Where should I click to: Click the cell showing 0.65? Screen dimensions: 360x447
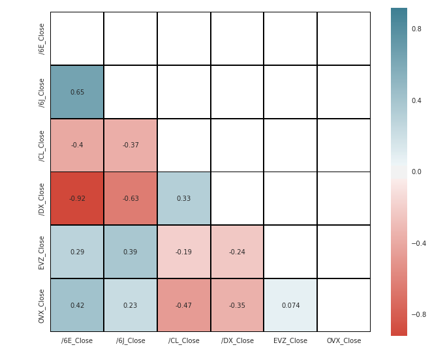tap(77, 92)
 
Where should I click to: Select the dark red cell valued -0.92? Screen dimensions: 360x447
tap(77, 198)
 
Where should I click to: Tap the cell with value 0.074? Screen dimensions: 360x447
tap(290, 305)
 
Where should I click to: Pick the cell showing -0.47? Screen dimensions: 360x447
tap(184, 305)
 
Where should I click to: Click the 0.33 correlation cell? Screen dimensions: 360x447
tap(184, 198)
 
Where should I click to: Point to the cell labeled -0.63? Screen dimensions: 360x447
tap(131, 198)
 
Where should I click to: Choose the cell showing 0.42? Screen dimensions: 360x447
tap(77, 305)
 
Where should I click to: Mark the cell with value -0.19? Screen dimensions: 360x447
tap(184, 252)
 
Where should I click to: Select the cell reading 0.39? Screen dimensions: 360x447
tap(131, 252)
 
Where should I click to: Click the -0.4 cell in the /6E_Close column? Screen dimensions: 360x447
tap(77, 145)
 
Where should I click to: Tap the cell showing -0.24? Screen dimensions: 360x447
tap(238, 252)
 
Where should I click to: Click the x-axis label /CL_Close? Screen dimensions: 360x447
tap(184, 340)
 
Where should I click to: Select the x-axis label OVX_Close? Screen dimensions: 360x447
tap(344, 340)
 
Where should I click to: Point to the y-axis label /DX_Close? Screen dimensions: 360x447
tap(42, 199)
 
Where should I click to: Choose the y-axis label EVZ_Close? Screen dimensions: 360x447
tap(42, 252)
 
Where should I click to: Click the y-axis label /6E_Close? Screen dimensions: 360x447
tap(42, 38)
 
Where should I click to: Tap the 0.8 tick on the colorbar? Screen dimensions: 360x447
tap(416, 29)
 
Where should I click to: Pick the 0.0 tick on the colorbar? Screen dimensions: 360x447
tap(416, 172)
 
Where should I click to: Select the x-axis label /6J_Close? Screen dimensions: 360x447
tap(131, 340)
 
